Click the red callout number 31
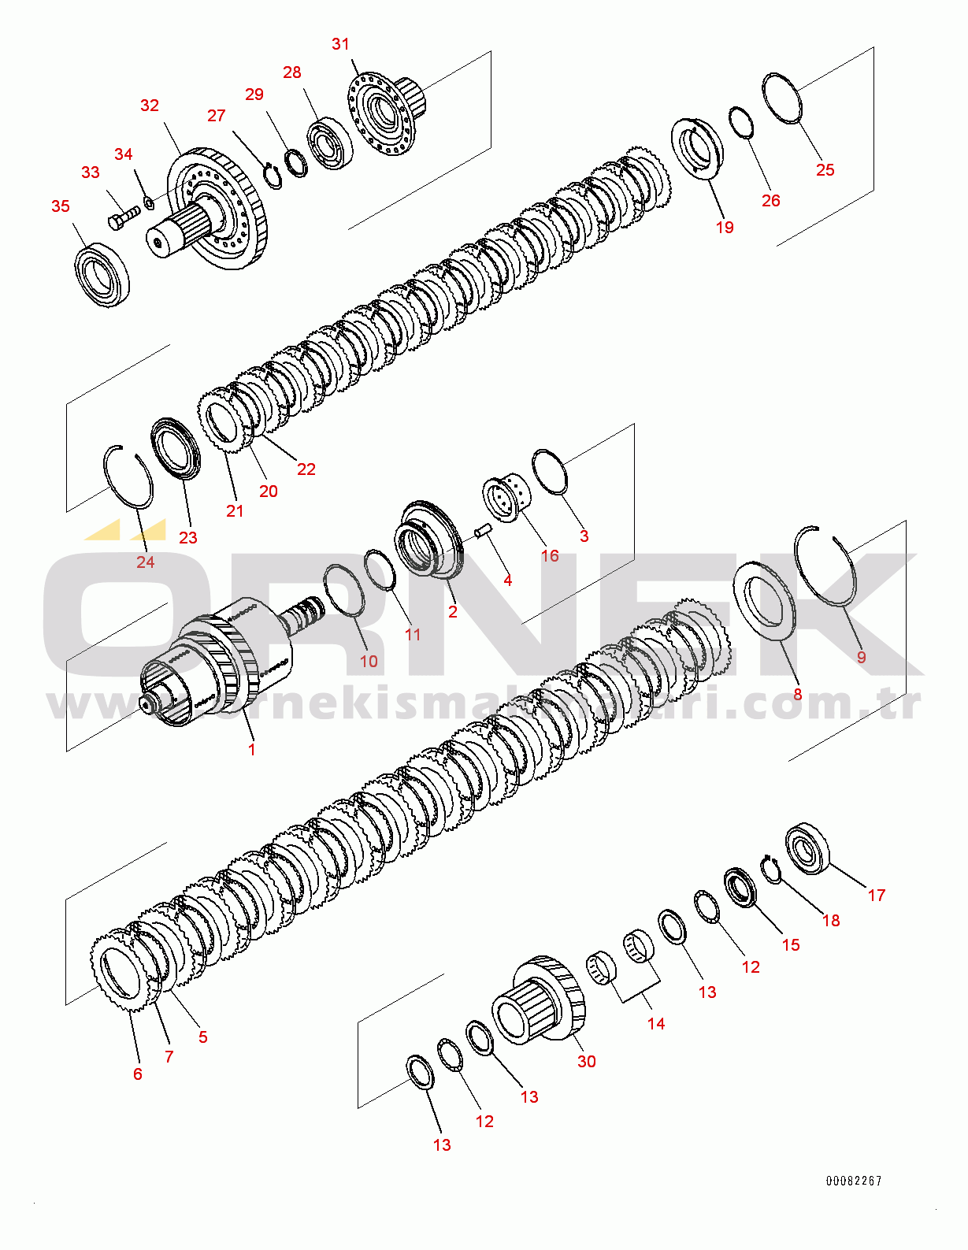click(340, 44)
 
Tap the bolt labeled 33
click(122, 217)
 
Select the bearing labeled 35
click(102, 275)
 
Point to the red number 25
click(825, 170)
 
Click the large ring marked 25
click(782, 98)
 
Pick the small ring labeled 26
click(740, 122)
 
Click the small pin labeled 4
click(483, 531)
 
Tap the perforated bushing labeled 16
click(506, 495)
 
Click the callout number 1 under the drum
click(252, 749)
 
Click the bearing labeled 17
click(808, 848)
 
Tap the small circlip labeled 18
click(771, 869)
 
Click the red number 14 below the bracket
click(656, 1023)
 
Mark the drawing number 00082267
click(854, 1181)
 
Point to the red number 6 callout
click(138, 1074)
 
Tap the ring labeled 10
click(344, 590)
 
